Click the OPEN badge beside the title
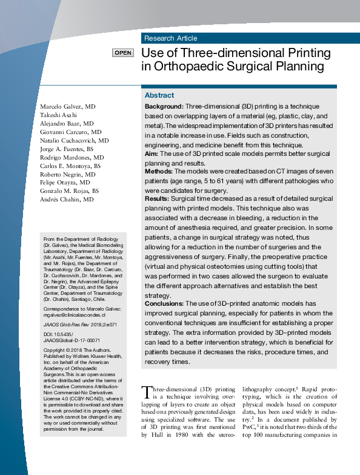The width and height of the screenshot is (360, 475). pyautogui.click(x=122, y=53)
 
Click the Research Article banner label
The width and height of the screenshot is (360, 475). pyautogui.click(x=170, y=38)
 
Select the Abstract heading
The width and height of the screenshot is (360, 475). pyautogui.click(x=159, y=95)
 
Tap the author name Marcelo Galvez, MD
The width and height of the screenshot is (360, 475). pyautogui.click(x=68, y=106)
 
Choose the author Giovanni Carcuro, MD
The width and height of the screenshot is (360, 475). pyautogui.click(x=70, y=132)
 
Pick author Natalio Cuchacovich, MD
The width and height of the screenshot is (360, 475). pyautogui.click(x=74, y=140)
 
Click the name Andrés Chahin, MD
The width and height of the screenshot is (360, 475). pyautogui.click(x=67, y=199)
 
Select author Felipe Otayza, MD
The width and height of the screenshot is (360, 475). pyautogui.click(x=65, y=182)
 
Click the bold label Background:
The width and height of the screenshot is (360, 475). pyautogui.click(x=164, y=106)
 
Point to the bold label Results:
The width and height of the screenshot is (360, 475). pyautogui.click(x=157, y=198)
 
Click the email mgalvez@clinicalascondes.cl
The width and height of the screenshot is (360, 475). pyautogui.click(x=75, y=315)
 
